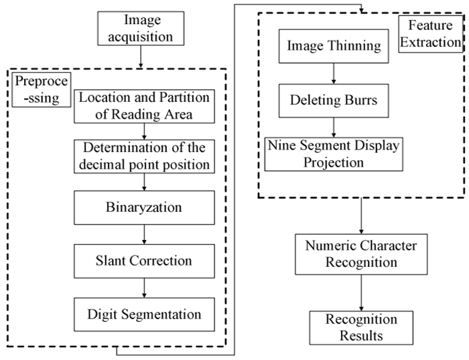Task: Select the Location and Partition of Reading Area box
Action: click(x=145, y=106)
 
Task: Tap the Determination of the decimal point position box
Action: click(x=145, y=156)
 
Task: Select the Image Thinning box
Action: click(x=334, y=46)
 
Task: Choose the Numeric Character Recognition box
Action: click(x=362, y=254)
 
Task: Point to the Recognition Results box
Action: click(x=362, y=326)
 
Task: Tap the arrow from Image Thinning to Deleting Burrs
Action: click(x=334, y=73)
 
